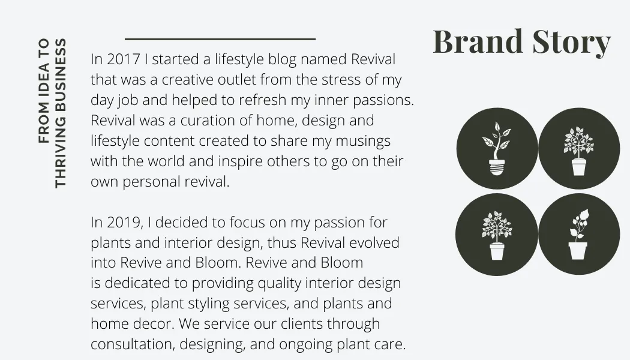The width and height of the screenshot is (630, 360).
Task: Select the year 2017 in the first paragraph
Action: click(124, 59)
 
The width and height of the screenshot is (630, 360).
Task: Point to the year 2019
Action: click(124, 223)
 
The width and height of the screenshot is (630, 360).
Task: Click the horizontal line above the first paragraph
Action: click(220, 39)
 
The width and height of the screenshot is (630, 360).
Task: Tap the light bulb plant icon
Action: click(497, 149)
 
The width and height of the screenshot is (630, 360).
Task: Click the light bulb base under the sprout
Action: click(497, 167)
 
